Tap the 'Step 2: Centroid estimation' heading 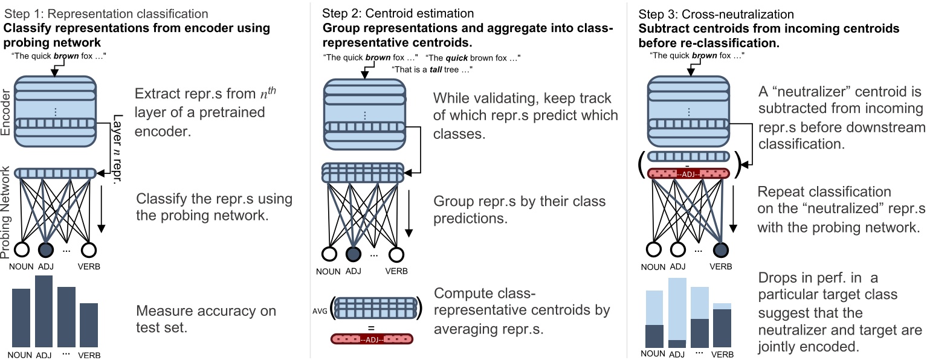tap(398, 13)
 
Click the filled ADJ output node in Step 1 tap(45, 249)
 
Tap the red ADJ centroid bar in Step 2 tap(372, 339)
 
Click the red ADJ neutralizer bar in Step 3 tap(688, 173)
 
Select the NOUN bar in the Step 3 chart tap(655, 335)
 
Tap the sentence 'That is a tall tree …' tap(432, 69)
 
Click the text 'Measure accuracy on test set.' tap(205, 319)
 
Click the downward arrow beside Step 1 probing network tap(102, 209)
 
